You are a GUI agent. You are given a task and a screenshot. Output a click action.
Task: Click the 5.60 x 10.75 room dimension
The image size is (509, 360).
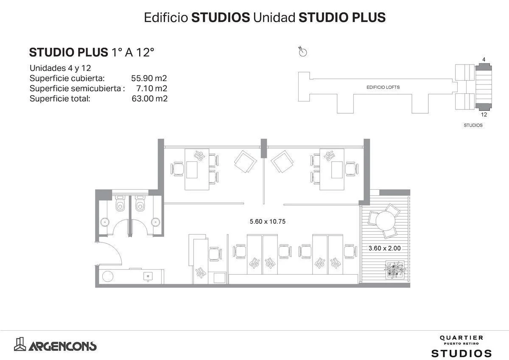[266, 221]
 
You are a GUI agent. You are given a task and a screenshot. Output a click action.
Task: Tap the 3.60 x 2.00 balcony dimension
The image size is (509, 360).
[385, 248]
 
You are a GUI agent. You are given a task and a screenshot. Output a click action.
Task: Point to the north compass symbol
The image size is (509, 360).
[303, 52]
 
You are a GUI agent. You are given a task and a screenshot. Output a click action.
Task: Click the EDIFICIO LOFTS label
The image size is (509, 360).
[383, 87]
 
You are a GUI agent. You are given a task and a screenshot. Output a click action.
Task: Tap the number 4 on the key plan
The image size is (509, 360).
[484, 60]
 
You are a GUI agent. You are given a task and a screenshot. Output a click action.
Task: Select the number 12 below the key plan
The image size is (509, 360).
[484, 114]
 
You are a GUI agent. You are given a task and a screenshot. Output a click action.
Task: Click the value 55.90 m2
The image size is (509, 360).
[149, 79]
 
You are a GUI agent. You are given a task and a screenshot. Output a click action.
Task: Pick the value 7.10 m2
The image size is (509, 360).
[152, 89]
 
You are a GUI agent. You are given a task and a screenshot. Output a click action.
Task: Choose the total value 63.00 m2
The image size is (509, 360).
[149, 99]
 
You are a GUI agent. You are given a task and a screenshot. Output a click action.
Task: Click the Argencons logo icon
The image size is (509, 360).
[20, 344]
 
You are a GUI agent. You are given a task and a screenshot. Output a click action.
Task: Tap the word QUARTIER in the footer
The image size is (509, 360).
[461, 338]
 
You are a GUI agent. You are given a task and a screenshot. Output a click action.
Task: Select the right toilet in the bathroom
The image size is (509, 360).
[139, 205]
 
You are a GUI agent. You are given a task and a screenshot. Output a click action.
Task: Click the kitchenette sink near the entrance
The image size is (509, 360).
[148, 276]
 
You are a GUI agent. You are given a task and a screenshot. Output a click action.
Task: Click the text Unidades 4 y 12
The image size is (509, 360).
[60, 68]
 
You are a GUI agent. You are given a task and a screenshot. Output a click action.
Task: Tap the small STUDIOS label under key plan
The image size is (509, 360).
[473, 126]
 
